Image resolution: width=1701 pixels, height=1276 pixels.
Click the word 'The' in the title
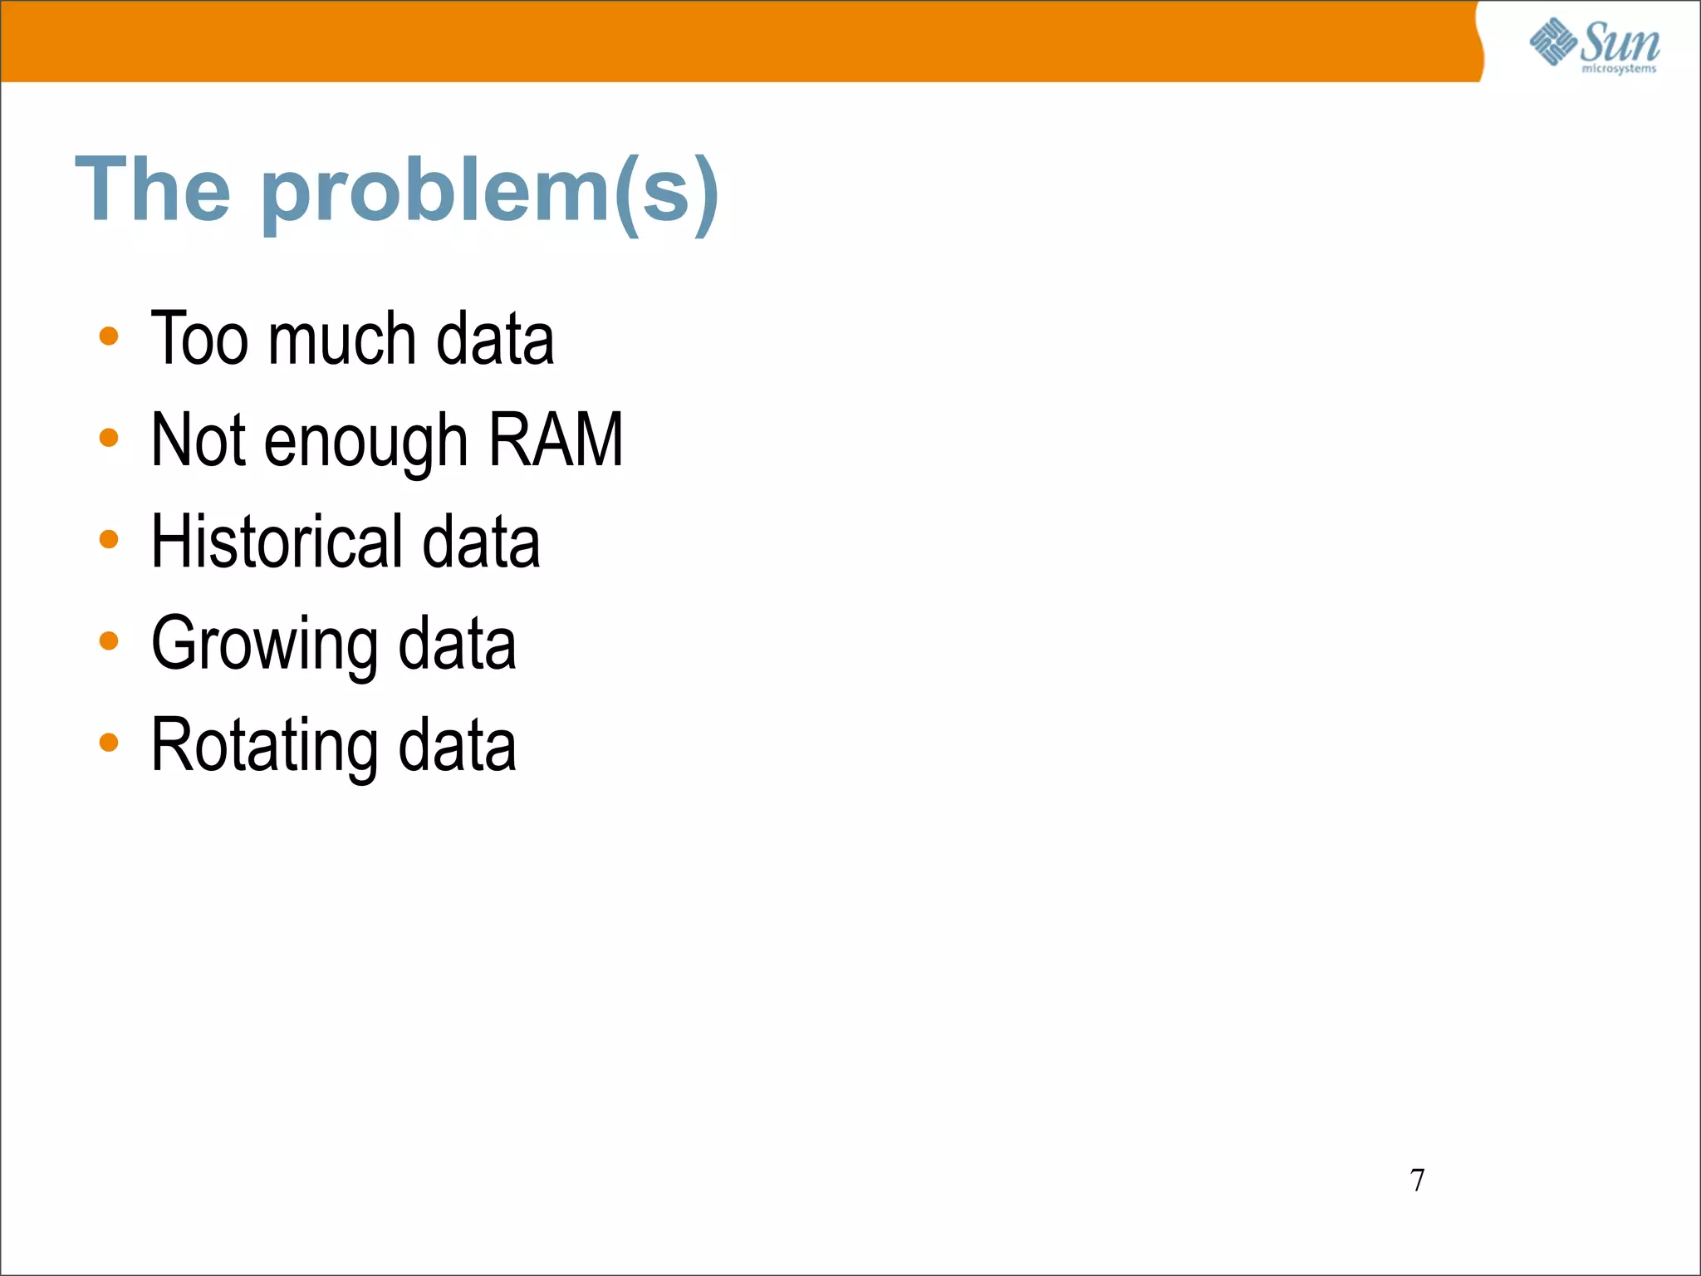coord(153,190)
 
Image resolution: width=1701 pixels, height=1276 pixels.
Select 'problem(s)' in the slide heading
coord(490,194)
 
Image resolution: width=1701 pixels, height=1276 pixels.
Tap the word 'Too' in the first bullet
coord(199,339)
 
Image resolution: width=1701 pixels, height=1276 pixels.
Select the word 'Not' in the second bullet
coord(198,440)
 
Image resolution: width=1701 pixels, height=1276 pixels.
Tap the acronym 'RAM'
coord(556,440)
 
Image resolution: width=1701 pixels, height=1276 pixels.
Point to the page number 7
coord(1417,1180)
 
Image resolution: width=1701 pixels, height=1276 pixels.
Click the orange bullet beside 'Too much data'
coord(109,336)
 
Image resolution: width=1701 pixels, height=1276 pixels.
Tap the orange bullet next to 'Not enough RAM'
coord(109,438)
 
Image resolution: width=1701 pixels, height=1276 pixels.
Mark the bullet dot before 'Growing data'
coord(109,640)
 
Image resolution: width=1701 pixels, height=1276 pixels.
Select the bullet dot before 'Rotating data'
coord(109,742)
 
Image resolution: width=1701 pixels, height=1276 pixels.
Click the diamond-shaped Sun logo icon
coord(1552,42)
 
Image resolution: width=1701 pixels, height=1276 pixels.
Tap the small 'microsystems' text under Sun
coord(1618,69)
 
